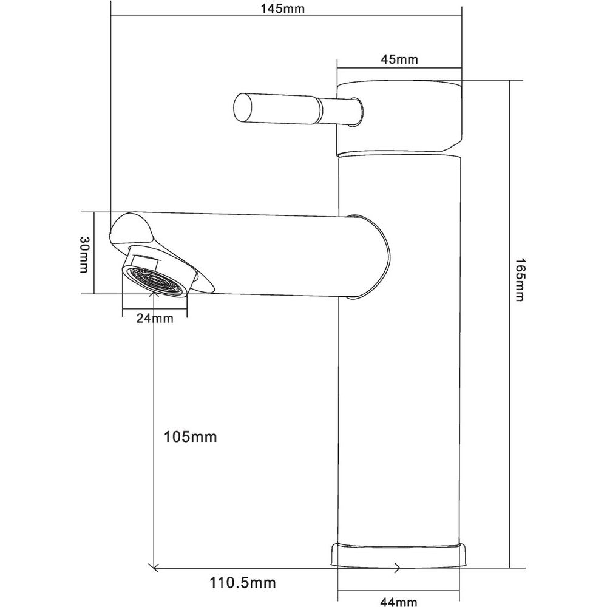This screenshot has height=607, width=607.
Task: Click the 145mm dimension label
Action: [x=282, y=8]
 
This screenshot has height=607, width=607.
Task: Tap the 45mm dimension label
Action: [x=399, y=59]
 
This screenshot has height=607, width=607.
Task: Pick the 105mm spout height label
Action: [x=190, y=437]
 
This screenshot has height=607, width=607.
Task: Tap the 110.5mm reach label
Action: [x=243, y=582]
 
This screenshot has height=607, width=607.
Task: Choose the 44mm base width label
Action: [x=399, y=602]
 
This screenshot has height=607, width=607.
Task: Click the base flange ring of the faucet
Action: [x=398, y=555]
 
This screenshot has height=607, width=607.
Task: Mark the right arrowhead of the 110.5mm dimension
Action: [x=397, y=568]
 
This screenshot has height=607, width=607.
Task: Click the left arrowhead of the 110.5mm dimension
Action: [x=154, y=568]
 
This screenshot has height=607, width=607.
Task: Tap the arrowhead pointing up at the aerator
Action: [x=154, y=296]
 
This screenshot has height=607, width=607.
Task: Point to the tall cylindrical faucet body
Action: [x=399, y=348]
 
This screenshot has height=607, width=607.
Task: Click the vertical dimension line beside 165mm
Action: [x=509, y=324]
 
